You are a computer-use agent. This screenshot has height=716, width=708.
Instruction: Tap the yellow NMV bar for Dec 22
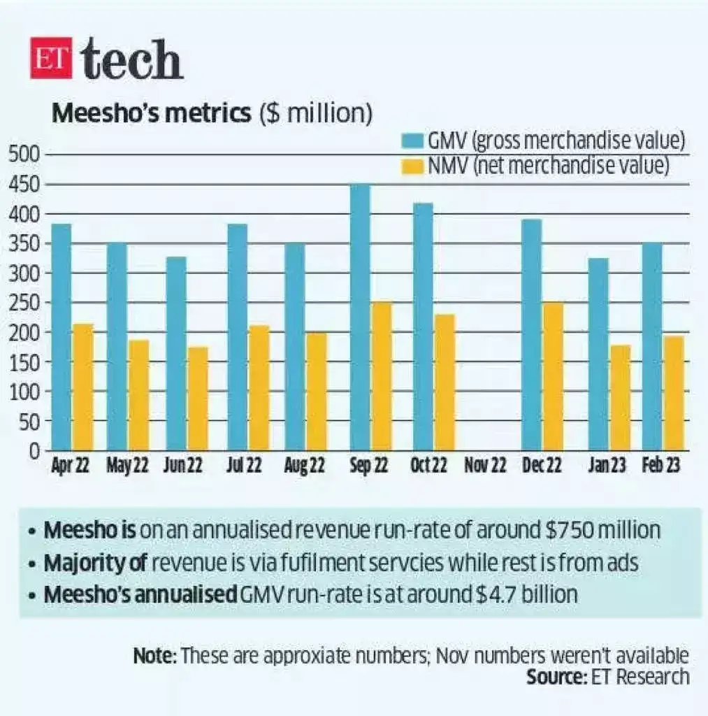[x=553, y=376]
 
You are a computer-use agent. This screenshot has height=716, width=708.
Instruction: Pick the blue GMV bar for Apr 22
[x=62, y=337]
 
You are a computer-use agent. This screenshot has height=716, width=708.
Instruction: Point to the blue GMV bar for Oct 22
[x=422, y=327]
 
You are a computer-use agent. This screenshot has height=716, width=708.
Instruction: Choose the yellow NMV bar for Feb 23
[x=674, y=393]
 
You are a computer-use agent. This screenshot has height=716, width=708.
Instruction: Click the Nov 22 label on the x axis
[x=485, y=466]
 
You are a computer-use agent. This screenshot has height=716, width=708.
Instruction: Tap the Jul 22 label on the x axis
[x=244, y=466]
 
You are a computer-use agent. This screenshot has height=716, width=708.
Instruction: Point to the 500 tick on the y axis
[x=25, y=155]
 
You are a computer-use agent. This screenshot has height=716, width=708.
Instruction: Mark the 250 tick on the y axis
[x=25, y=303]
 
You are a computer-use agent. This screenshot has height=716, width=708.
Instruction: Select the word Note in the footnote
[x=154, y=657]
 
